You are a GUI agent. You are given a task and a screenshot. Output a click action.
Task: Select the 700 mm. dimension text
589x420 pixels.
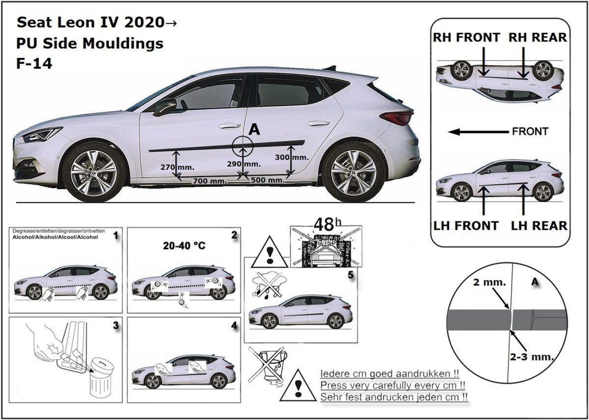[x=209, y=181]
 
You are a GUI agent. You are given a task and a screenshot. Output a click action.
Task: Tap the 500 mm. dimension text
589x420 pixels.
[x=268, y=180]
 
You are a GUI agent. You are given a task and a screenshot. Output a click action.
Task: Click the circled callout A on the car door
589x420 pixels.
[x=242, y=146]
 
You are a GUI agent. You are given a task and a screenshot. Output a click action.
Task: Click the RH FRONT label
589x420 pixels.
[x=466, y=37]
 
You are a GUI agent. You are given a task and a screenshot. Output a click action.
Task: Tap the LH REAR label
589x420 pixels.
[x=539, y=225]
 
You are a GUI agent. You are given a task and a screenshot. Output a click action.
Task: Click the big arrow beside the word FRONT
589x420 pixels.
[x=478, y=132]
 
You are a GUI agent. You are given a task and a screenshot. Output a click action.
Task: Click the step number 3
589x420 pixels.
[x=115, y=326]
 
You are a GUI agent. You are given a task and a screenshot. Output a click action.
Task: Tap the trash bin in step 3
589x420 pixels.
[x=101, y=379]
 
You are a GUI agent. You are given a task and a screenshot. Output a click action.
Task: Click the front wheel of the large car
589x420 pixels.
[x=93, y=172]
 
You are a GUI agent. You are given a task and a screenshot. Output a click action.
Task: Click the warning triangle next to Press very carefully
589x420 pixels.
[x=298, y=385]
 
